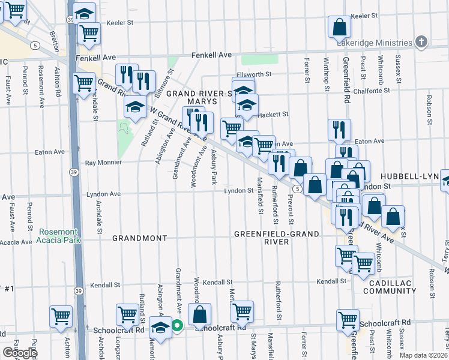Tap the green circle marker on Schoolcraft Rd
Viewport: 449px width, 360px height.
point(177,326)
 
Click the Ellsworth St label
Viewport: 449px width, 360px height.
point(255,74)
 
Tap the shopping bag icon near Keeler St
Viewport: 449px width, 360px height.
point(340,27)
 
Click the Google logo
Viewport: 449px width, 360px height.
point(20,353)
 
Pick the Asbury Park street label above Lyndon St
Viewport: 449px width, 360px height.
point(212,166)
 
